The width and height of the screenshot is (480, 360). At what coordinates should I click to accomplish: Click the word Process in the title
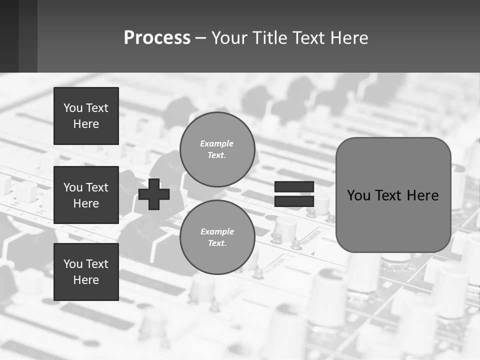pyautogui.click(x=157, y=38)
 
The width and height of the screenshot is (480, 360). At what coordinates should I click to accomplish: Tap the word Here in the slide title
pyautogui.click(x=349, y=38)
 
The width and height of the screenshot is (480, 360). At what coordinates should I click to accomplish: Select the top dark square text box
pyautogui.click(x=86, y=116)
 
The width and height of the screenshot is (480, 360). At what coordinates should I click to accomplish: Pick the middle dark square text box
pyautogui.click(x=86, y=195)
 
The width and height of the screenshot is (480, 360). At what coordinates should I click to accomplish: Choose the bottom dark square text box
pyautogui.click(x=86, y=272)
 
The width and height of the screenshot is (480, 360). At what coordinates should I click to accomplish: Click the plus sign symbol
pyautogui.click(x=154, y=194)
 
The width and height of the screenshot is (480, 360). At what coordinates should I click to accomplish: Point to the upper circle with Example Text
pyautogui.click(x=217, y=149)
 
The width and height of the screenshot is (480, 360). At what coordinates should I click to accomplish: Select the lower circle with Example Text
pyautogui.click(x=217, y=237)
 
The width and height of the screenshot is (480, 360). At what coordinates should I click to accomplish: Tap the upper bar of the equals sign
pyautogui.click(x=294, y=186)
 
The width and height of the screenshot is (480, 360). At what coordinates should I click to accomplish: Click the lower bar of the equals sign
pyautogui.click(x=294, y=201)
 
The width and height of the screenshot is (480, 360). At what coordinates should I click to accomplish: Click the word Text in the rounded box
pyautogui.click(x=390, y=195)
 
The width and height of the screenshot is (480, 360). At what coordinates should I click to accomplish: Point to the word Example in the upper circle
pyautogui.click(x=217, y=143)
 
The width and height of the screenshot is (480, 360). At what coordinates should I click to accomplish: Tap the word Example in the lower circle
pyautogui.click(x=217, y=231)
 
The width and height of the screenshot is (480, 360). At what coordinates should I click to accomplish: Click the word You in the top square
pyautogui.click(x=73, y=108)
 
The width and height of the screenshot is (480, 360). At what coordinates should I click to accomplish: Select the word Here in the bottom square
pyautogui.click(x=86, y=280)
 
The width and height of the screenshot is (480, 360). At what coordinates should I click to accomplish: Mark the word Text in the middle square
pyautogui.click(x=97, y=187)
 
